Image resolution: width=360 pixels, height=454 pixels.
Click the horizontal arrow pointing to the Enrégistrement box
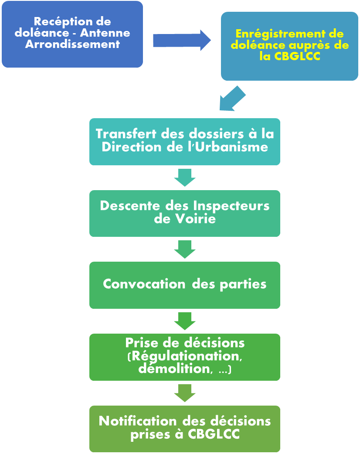pyautogui.click(x=182, y=40)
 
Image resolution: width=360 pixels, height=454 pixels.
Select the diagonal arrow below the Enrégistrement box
pyautogui.click(x=232, y=99)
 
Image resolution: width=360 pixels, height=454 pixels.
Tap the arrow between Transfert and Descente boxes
pyautogui.click(x=185, y=178)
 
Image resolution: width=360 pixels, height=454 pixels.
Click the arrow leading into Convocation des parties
pyautogui.click(x=185, y=249)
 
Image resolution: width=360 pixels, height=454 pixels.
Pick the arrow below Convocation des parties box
pyautogui.click(x=185, y=321)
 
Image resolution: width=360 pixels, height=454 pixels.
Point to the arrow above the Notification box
pyautogui.click(x=185, y=393)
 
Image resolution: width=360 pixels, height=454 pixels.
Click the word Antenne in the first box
pyautogui.click(x=105, y=33)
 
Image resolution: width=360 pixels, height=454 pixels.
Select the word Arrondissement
pyautogui.click(x=72, y=44)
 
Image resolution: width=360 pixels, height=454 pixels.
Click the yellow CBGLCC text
pyautogui.click(x=297, y=56)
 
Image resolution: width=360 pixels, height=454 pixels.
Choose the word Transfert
pyautogui.click(x=126, y=134)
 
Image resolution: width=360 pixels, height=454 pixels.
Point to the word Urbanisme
pyautogui.click(x=231, y=147)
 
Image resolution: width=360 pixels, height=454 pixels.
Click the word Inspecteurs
pyautogui.click(x=231, y=206)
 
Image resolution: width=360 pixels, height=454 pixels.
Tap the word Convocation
pyautogui.click(x=144, y=284)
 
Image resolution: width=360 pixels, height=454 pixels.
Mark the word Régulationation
pyautogui.click(x=186, y=356)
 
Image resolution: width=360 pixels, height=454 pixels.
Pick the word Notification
pyautogui.click(x=138, y=421)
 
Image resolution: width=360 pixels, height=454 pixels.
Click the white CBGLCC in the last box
pyautogui.click(x=214, y=434)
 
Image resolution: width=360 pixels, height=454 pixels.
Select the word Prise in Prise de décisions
pyautogui.click(x=142, y=343)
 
